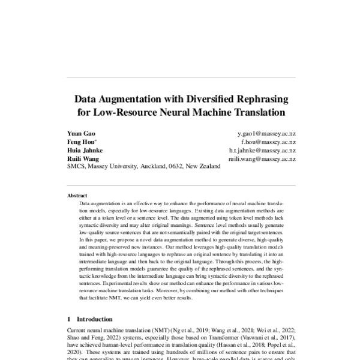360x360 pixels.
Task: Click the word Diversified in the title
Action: (215, 98)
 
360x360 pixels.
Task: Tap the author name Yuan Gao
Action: (80, 133)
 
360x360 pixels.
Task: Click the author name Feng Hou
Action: (80, 142)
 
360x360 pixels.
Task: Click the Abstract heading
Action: (77, 196)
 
